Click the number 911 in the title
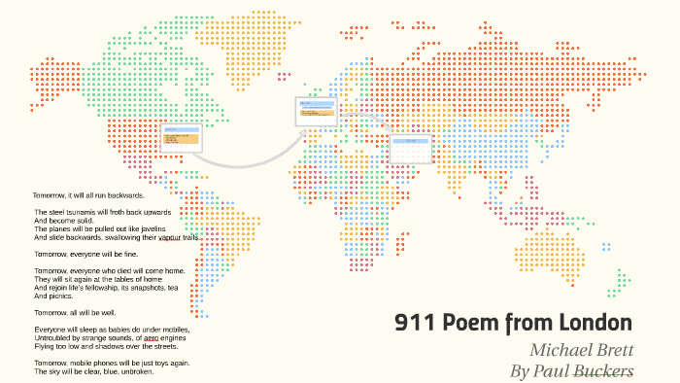(x=414, y=323)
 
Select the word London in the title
(x=593, y=323)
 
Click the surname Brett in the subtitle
(x=614, y=350)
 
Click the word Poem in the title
(x=463, y=323)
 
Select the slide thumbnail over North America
(x=181, y=136)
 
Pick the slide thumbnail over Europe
(x=316, y=111)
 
